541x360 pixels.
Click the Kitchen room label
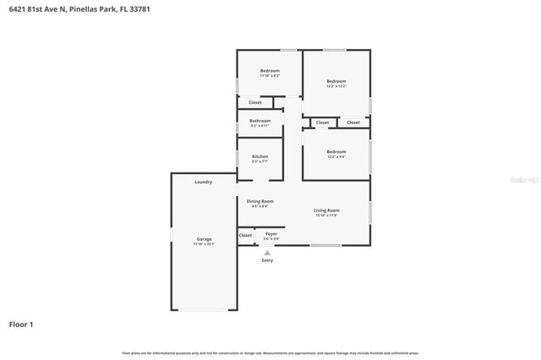coord(260,156)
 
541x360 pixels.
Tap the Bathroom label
coord(260,121)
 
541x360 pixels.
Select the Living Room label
coord(326,210)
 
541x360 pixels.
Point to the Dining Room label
coord(260,201)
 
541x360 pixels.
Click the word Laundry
coord(203,182)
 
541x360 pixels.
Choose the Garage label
coord(205,239)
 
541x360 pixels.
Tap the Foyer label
coord(271,233)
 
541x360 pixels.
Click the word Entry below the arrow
coord(267,260)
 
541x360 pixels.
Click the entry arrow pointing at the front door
coord(267,253)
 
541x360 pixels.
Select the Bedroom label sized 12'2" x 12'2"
coord(336,82)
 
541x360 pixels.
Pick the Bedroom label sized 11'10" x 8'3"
coord(270,70)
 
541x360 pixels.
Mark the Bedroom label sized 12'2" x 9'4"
coord(336,151)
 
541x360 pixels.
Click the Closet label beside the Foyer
coord(245,236)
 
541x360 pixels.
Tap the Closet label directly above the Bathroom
coord(254,102)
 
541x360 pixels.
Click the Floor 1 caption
coord(21,324)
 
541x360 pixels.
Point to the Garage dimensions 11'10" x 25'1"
coord(205,244)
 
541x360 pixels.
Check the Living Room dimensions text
coord(326,215)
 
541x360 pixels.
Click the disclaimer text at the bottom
coord(270,352)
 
